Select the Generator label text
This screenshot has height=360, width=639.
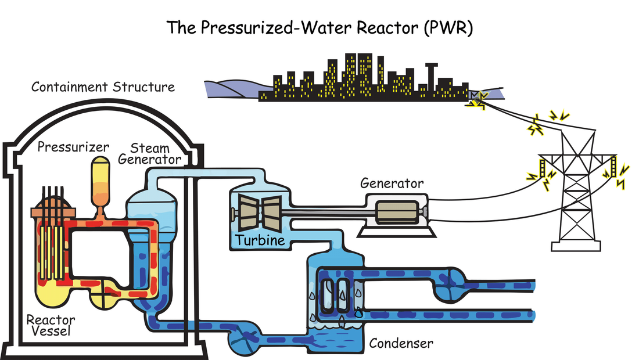392,183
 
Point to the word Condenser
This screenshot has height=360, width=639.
401,343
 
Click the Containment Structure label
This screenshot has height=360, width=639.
103,87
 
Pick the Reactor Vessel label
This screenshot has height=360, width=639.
48,326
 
